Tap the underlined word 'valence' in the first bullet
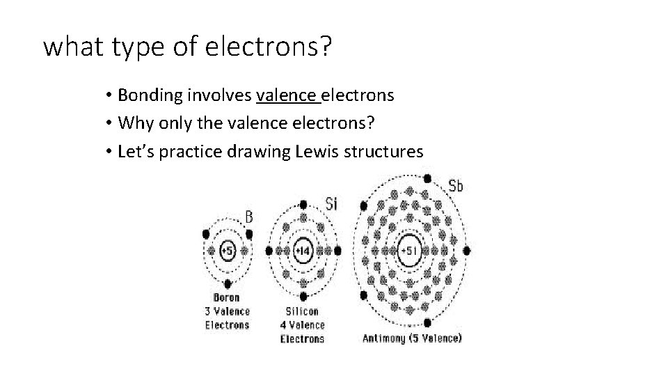[287, 95]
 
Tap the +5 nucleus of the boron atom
[228, 250]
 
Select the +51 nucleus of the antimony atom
[408, 250]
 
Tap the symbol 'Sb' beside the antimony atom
[456, 186]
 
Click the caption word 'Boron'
[227, 297]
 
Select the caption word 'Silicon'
[303, 311]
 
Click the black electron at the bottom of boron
[228, 283]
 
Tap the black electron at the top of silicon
[303, 205]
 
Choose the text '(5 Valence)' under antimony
[436, 339]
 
